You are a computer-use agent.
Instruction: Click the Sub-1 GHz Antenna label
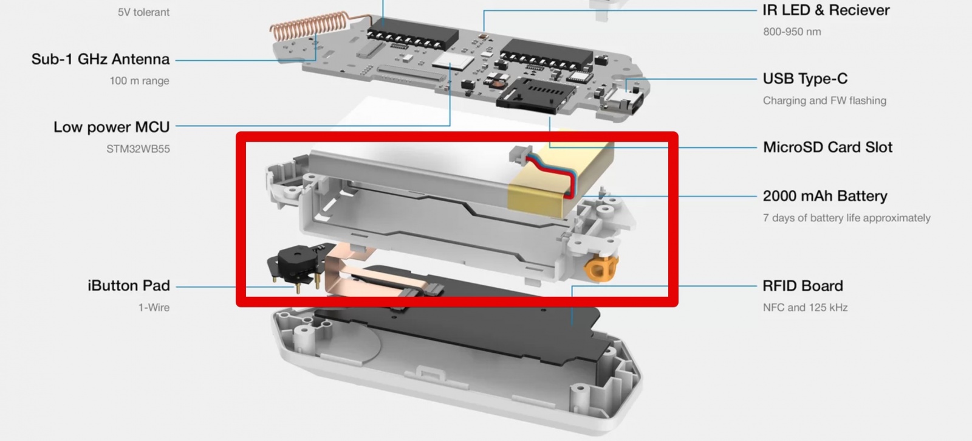[x=100, y=59]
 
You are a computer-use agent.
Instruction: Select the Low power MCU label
[x=112, y=127]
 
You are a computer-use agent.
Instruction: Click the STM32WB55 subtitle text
[x=138, y=149]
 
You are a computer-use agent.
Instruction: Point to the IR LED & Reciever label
[x=826, y=10]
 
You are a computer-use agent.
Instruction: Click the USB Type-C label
[x=805, y=78]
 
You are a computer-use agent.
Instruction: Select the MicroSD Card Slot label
[x=827, y=147]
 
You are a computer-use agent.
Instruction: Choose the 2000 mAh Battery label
[x=825, y=196]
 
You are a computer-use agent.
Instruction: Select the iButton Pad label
[x=128, y=285]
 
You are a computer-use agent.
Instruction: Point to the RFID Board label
[x=803, y=286]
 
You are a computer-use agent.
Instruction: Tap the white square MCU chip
[x=453, y=61]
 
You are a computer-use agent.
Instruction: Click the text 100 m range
[x=139, y=81]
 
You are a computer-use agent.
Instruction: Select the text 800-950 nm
[x=792, y=32]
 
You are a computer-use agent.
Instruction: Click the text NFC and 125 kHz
[x=805, y=308]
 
